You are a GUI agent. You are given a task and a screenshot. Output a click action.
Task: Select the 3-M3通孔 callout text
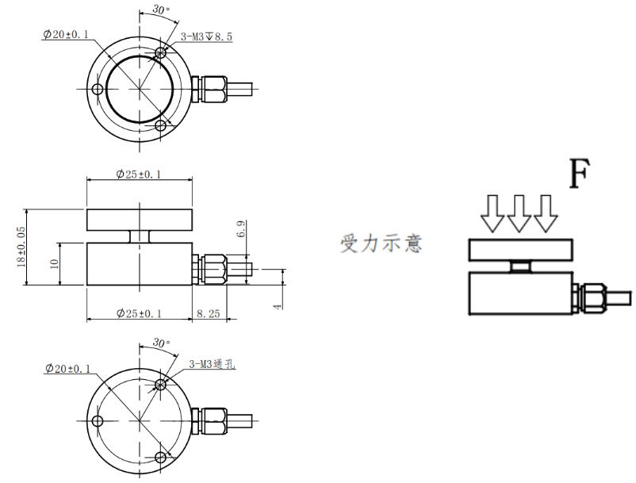tap(212, 364)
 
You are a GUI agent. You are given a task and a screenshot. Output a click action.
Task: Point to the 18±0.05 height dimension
tap(22, 247)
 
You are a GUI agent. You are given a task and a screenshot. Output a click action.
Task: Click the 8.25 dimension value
tap(208, 314)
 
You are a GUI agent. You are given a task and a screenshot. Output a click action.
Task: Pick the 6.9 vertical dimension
tap(241, 231)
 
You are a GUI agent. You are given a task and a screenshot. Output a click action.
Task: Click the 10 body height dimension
tap(54, 264)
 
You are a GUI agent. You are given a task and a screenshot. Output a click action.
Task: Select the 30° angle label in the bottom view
tap(161, 344)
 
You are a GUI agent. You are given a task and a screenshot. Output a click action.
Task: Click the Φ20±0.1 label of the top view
tap(67, 35)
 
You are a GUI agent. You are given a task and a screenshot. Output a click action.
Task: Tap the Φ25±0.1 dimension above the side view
tap(138, 174)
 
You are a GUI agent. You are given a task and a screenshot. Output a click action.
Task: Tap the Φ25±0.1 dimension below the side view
tap(138, 314)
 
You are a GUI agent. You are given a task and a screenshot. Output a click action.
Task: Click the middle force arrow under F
tap(519, 213)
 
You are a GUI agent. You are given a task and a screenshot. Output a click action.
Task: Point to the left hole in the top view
tap(97, 88)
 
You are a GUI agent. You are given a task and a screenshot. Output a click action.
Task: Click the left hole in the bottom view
tap(97, 420)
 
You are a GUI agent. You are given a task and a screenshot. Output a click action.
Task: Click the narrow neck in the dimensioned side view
tap(139, 236)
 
